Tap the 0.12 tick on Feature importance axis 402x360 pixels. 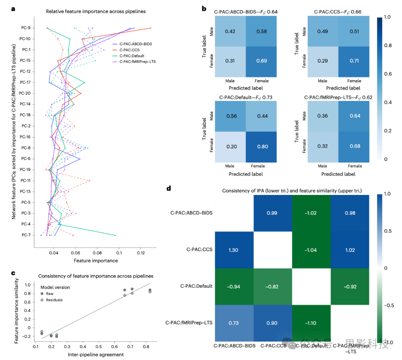[141, 253]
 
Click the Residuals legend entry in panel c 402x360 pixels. [54, 300]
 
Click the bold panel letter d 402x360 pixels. [169, 189]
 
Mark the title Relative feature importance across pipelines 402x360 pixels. [96, 12]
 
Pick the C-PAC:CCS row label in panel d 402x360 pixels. [199, 249]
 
